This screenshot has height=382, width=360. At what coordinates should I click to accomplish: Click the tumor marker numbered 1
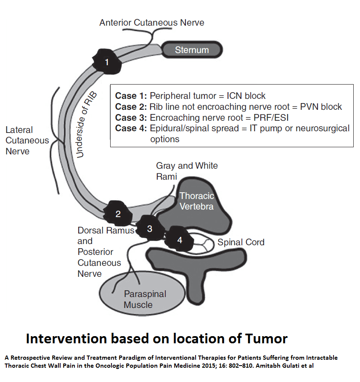pyautogui.click(x=107, y=62)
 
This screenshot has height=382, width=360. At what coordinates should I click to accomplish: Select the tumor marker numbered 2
pyautogui.click(x=118, y=214)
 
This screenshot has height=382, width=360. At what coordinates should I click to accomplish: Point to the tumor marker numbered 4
pyautogui.click(x=180, y=240)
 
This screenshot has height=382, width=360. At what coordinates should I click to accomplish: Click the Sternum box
pyautogui.click(x=192, y=50)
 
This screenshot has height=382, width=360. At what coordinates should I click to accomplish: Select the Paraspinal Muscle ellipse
pyautogui.click(x=142, y=293)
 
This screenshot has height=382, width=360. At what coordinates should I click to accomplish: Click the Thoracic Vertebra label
pyautogui.click(x=197, y=201)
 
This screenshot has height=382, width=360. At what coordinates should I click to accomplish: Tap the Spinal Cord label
pyautogui.click(x=241, y=242)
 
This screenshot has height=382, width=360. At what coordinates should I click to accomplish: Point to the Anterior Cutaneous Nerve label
pyautogui.click(x=152, y=22)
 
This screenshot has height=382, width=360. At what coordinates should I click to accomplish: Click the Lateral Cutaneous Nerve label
pyautogui.click(x=27, y=141)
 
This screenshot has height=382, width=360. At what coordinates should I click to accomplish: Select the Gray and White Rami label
pyautogui.click(x=187, y=171)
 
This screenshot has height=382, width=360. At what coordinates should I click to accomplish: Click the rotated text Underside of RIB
pyautogui.click(x=86, y=125)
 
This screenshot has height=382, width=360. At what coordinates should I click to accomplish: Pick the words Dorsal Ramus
pyautogui.click(x=106, y=230)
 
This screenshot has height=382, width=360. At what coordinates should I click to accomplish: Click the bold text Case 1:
pyautogui.click(x=131, y=96)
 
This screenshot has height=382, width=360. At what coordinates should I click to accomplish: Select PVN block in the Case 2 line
pyautogui.click(x=321, y=107)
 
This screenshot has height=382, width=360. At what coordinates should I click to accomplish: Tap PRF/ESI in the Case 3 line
pyautogui.click(x=271, y=118)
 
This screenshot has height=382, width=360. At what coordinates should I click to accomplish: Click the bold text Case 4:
pyautogui.click(x=131, y=128)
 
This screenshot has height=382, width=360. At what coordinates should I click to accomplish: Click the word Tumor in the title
pyautogui.click(x=266, y=339)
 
